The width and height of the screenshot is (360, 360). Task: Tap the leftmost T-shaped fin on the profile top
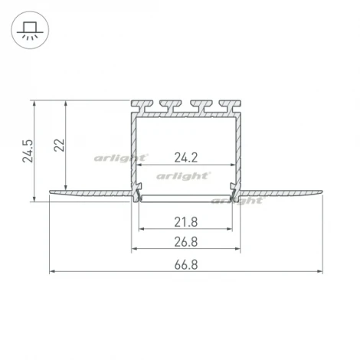point(143,105)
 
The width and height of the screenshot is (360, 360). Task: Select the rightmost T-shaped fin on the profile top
point(227,105)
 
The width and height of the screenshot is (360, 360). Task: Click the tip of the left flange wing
point(51,192)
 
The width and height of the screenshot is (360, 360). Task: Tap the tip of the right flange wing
point(321,192)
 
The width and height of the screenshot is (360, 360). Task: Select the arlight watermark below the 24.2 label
point(184,175)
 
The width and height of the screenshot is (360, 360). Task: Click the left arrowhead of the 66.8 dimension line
point(53,271)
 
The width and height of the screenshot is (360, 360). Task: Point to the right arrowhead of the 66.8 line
point(319,271)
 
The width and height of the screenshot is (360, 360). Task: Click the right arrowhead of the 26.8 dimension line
point(238,249)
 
